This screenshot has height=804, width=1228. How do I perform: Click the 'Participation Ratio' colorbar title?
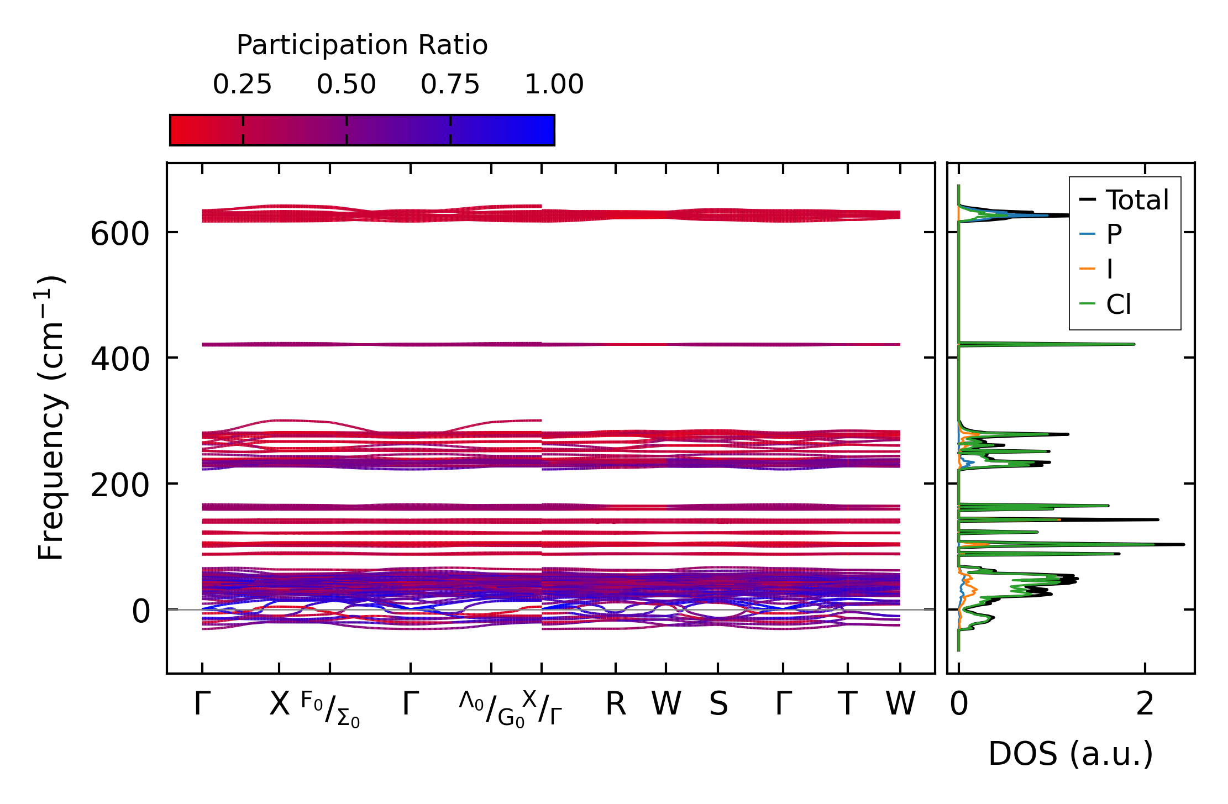[x=362, y=45]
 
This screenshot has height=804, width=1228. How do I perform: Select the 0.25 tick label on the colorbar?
[x=242, y=85]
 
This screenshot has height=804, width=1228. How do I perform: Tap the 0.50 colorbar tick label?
[x=346, y=85]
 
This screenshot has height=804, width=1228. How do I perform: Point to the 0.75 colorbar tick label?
[x=450, y=85]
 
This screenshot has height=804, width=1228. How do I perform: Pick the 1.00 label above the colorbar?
[x=554, y=85]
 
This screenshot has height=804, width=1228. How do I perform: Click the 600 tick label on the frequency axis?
[x=119, y=234]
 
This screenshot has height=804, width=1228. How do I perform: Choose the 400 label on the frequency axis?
[x=119, y=359]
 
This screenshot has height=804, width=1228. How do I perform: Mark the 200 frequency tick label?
[x=119, y=485]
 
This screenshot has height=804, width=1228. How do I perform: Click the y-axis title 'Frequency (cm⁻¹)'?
[x=51, y=418]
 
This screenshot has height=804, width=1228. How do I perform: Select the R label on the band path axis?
[x=616, y=704]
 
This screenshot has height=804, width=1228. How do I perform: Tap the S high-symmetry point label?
[x=718, y=704]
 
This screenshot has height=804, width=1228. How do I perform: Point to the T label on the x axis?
[x=847, y=704]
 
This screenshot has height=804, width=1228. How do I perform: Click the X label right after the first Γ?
[x=279, y=704]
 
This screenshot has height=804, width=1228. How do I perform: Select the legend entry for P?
[x=1114, y=234]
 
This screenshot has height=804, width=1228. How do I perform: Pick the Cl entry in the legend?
[x=1118, y=304]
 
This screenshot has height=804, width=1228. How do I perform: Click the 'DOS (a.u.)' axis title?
[x=1070, y=754]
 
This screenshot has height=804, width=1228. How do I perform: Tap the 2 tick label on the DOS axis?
[x=1145, y=704]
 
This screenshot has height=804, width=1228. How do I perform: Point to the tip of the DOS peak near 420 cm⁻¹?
[x=1134, y=344]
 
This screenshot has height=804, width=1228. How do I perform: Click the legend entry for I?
[x=1109, y=269]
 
